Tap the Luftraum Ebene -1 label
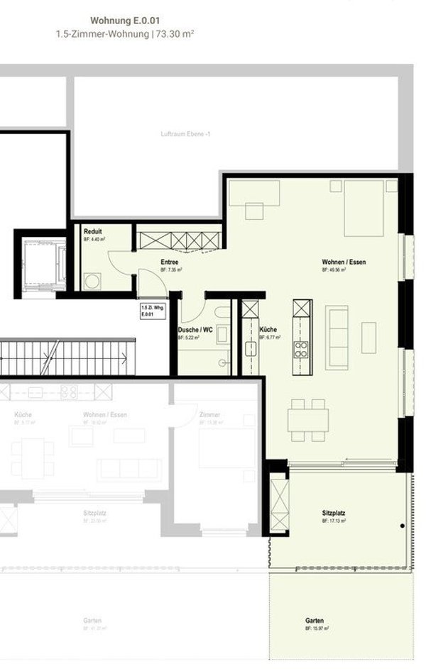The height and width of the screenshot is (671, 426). click(x=182, y=133)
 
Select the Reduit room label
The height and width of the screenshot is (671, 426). click(x=92, y=232)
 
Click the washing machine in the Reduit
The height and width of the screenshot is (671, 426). click(x=92, y=281)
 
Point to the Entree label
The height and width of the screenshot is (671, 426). click(x=169, y=262)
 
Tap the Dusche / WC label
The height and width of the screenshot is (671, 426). click(x=195, y=330)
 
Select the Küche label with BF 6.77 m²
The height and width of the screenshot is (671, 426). click(x=268, y=330)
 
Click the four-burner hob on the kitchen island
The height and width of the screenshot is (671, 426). click(x=302, y=348)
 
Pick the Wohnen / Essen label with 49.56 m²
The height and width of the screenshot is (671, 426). click(x=344, y=262)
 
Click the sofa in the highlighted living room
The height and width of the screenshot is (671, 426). click(x=337, y=337)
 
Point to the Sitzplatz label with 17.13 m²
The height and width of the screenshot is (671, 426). click(x=333, y=512)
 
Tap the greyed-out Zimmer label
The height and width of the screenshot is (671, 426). click(x=209, y=414)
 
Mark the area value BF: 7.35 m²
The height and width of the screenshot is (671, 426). click(x=171, y=270)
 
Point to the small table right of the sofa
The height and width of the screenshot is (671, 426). click(x=368, y=338)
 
